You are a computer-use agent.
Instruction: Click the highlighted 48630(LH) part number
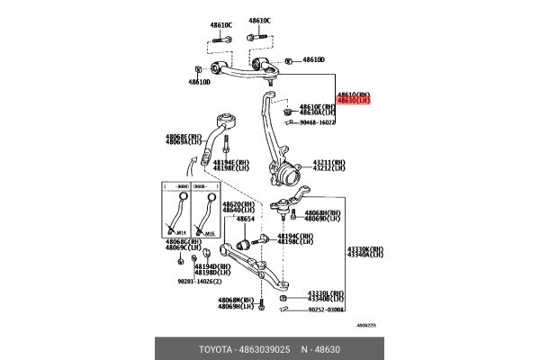[352, 101]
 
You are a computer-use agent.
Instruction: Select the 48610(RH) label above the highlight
[352, 94]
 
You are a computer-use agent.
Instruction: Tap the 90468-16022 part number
[318, 122]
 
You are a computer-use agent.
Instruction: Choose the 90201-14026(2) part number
[199, 280]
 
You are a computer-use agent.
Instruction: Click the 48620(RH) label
[238, 203]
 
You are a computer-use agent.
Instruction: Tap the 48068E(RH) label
[183, 136]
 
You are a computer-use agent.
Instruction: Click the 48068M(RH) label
[236, 301]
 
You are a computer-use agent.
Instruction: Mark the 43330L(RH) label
[325, 292]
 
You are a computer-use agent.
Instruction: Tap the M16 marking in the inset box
[209, 232]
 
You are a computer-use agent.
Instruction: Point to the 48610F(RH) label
[317, 106]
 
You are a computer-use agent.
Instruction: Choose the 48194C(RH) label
[294, 236]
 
